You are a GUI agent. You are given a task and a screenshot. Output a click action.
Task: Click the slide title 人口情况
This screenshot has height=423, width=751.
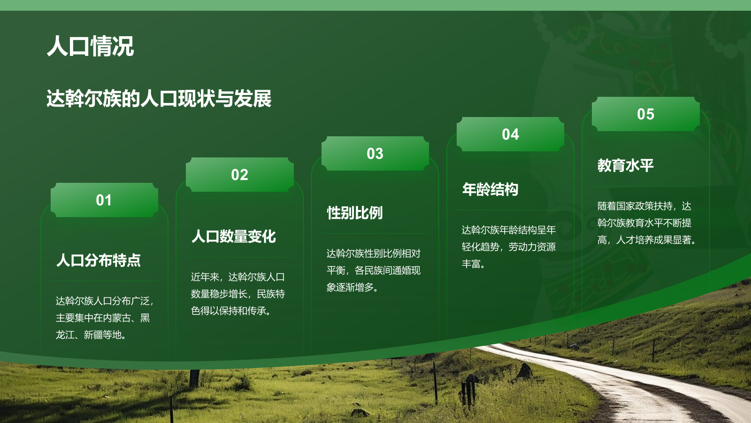tap(90, 46)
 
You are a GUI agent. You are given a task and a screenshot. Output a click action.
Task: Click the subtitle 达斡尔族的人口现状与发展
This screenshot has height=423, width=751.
tap(159, 99)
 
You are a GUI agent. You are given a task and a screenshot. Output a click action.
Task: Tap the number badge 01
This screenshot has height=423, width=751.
tap(104, 200)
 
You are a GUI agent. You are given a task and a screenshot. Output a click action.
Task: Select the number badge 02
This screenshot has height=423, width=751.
tap(239, 175)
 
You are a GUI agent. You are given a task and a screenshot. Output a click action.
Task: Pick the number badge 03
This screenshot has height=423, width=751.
tap(375, 154)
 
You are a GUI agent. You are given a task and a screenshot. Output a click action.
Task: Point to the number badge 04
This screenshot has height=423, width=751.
tap(510, 134)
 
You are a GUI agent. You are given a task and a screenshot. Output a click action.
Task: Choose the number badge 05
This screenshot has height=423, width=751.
tap(645, 114)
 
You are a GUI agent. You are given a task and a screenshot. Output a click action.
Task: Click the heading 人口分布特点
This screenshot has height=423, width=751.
tap(99, 260)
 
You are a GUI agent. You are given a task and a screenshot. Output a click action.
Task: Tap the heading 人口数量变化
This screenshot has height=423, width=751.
tap(234, 236)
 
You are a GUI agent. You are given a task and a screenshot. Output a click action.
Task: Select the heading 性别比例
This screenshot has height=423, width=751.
tap(355, 213)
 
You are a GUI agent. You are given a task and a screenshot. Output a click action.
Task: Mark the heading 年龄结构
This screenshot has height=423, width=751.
tap(490, 189)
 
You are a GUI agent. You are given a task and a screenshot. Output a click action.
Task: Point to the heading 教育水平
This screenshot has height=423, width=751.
tap(625, 165)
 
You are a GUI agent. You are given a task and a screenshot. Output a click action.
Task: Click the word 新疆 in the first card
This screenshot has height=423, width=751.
tap(93, 335)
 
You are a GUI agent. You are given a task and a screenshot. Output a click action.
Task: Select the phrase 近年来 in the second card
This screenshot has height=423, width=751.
tap(205, 277)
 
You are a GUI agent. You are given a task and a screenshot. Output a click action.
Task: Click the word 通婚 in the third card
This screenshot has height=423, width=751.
tap(401, 270)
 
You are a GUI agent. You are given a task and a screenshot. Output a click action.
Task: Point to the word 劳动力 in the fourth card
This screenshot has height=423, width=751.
tap(522, 247)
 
